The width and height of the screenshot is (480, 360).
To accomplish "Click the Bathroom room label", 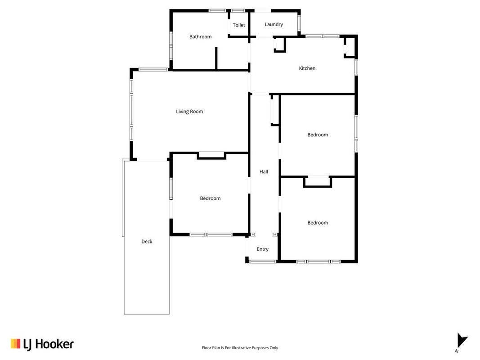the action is pyautogui.click(x=200, y=37).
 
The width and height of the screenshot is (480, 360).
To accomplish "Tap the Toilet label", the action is pyautogui.click(x=239, y=25).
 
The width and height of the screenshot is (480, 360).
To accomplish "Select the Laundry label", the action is pyautogui.click(x=274, y=24).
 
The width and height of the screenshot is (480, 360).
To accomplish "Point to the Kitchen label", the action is pyautogui.click(x=307, y=68).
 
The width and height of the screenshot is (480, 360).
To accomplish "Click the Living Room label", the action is pyautogui.click(x=189, y=112).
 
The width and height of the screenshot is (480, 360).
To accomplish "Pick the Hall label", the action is pyautogui.click(x=264, y=172).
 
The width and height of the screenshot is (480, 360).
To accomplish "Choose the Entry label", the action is pyautogui.click(x=262, y=249).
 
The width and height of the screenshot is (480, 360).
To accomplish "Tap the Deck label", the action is pyautogui.click(x=147, y=242).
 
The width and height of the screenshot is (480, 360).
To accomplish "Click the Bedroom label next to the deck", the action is pyautogui.click(x=210, y=198).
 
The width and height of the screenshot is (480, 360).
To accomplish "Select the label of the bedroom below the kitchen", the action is pyautogui.click(x=318, y=135).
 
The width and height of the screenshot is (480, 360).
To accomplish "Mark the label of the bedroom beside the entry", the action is pyautogui.click(x=318, y=223).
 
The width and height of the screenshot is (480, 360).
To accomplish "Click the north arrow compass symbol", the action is pyautogui.click(x=462, y=341).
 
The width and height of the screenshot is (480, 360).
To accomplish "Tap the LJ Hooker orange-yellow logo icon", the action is pyautogui.click(x=15, y=343).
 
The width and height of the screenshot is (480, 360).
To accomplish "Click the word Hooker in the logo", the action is pyautogui.click(x=54, y=344).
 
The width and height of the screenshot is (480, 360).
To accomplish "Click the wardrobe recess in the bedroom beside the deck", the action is pyautogui.click(x=211, y=156).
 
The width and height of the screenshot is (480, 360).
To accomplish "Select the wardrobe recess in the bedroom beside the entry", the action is pyautogui.click(x=318, y=181).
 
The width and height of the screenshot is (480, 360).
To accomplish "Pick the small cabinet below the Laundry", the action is pyautogui.click(x=279, y=45).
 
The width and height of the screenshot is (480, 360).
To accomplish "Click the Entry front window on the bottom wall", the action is pyautogui.click(x=263, y=262).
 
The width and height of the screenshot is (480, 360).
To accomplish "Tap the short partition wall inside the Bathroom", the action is pyautogui.click(x=216, y=58).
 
